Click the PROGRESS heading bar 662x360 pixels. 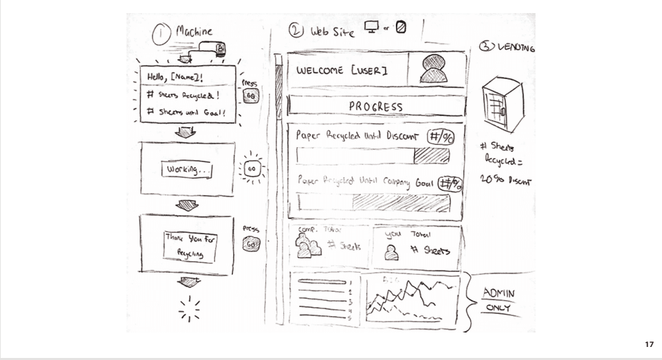click(x=376, y=106)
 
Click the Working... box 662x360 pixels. click(x=186, y=168)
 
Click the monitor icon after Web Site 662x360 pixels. click(x=372, y=28)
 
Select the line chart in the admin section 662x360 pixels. click(x=411, y=300)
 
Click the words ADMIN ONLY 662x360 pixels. click(x=498, y=300)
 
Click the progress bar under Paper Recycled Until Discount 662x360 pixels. click(x=373, y=156)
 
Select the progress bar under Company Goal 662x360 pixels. click(x=375, y=202)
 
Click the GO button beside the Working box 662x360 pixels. click(x=252, y=168)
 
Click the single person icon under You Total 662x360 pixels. click(x=391, y=253)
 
